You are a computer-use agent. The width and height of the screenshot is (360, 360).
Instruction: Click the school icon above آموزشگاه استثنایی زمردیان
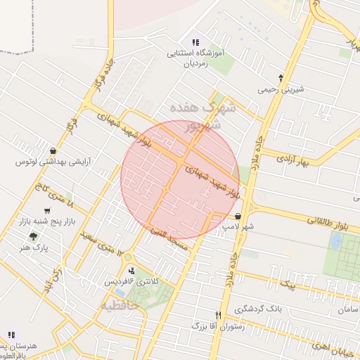(x=195, y=42)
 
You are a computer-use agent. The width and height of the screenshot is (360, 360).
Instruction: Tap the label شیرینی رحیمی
(x=280, y=89)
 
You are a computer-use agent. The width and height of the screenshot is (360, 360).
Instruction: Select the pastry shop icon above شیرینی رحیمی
(x=281, y=78)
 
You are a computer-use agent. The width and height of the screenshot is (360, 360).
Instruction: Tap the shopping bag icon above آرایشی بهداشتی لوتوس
(x=54, y=150)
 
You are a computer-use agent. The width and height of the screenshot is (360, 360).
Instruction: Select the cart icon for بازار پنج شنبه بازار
(x=47, y=210)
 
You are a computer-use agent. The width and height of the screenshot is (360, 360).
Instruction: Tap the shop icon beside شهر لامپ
(x=239, y=217)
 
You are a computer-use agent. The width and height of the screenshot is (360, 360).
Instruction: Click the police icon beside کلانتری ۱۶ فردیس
(x=131, y=271)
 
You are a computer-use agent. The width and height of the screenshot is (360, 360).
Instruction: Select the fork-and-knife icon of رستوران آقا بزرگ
(x=218, y=314)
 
